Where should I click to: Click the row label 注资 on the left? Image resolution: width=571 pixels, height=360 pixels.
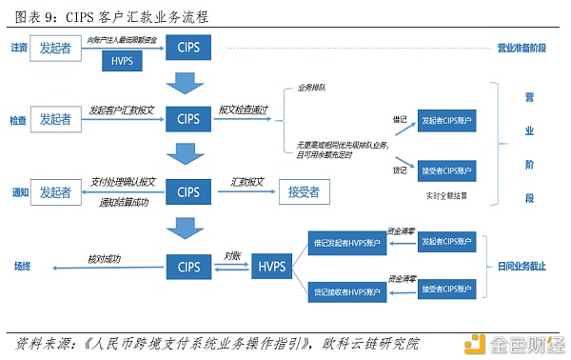(x=19, y=47)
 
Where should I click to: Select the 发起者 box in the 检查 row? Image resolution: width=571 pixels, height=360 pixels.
(x=56, y=120)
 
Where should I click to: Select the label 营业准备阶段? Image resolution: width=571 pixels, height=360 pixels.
(x=522, y=47)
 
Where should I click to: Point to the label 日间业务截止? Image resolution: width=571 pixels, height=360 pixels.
(x=522, y=267)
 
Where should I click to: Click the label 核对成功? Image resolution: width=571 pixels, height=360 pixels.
(x=106, y=257)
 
